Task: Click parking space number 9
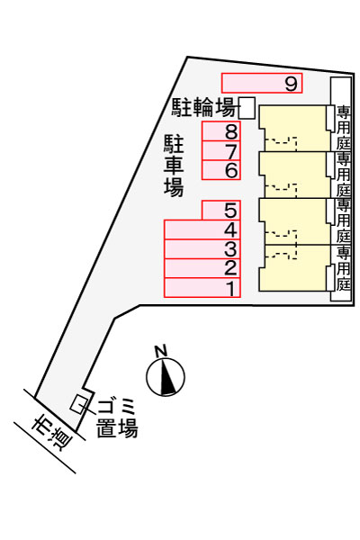262,83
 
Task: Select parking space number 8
221,131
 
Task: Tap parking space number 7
221,151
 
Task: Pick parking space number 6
221,170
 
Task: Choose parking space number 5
221,210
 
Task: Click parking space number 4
202,229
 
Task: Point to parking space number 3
202,249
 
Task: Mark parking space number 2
202,268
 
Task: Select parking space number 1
202,288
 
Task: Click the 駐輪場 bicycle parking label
203,107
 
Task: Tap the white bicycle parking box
247,108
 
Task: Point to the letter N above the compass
161,351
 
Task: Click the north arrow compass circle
166,376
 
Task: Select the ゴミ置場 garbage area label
116,418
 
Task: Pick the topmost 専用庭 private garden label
343,128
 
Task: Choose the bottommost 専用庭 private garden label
343,268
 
